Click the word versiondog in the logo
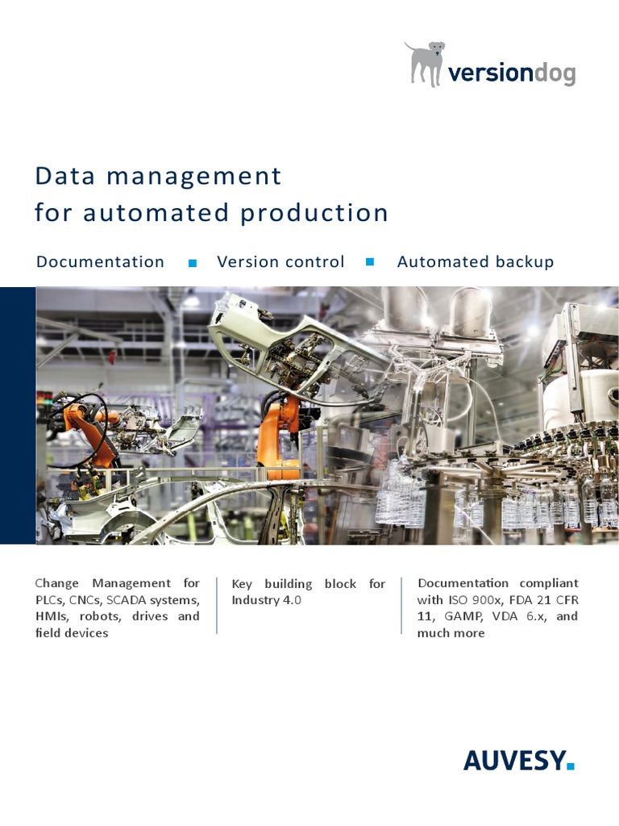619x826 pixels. click(512, 73)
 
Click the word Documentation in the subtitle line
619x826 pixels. click(100, 262)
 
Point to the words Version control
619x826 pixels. click(280, 262)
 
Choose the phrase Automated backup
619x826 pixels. click(476, 262)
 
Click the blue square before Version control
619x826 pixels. click(193, 263)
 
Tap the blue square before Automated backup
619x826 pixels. click(371, 262)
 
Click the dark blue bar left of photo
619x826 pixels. click(18, 415)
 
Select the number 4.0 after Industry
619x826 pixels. click(291, 600)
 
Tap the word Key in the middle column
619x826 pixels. click(243, 583)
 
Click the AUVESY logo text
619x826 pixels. click(513, 760)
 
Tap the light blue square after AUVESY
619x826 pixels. click(571, 766)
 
